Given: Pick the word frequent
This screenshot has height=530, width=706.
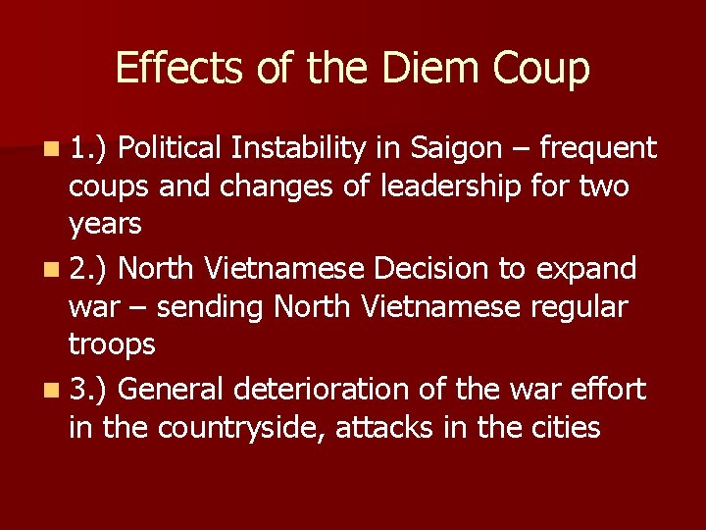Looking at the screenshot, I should (598, 149).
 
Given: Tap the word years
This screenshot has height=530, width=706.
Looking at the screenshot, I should (105, 225).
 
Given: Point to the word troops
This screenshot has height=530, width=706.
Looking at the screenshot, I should (112, 345).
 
